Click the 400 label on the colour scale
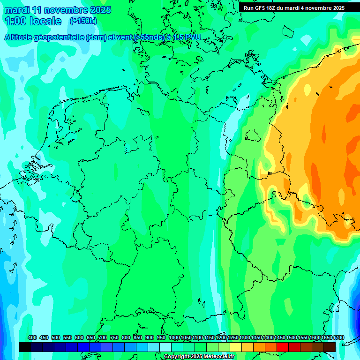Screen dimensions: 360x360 pyautogui.click(x=32, y=337)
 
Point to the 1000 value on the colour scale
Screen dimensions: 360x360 pyautogui.click(x=174, y=337)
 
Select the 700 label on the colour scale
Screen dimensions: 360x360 pyautogui.click(x=103, y=337)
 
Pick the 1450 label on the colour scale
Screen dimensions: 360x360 pyautogui.click(x=280, y=337)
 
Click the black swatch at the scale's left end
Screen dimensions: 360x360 pyautogui.click(x=25, y=347)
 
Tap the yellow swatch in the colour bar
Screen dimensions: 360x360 pyautogui.click(x=236, y=347)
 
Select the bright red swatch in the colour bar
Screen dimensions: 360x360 pyautogui.click(x=283, y=347)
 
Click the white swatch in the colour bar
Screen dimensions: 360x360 pyautogui.click(x=165, y=347)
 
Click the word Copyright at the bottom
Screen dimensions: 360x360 pyautogui.click(x=177, y=357)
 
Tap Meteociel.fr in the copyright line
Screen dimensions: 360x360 pyautogui.click(x=219, y=357)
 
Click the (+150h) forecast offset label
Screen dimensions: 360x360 pyautogui.click(x=83, y=21)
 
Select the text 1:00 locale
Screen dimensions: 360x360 pyautogui.click(x=33, y=21)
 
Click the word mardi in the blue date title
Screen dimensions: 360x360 pyautogui.click(x=16, y=10)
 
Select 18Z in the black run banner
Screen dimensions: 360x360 pyautogui.click(x=274, y=7)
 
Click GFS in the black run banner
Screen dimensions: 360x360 pyautogui.click(x=262, y=7)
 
